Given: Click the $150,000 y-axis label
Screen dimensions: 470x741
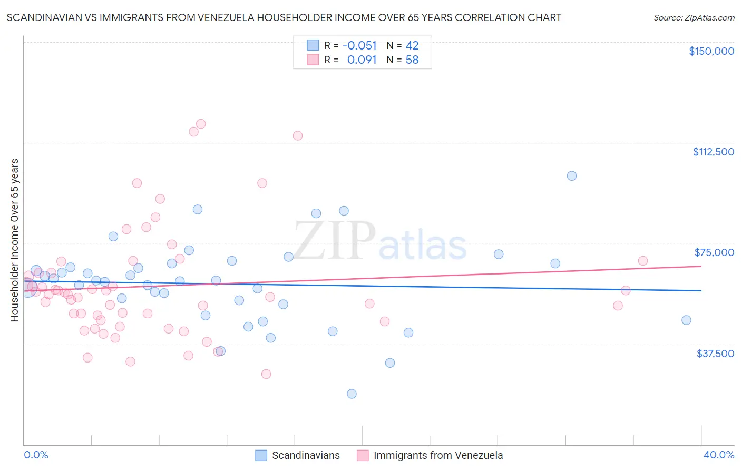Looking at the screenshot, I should click(711, 51).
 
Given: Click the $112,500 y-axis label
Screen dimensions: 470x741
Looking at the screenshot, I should click(713, 152).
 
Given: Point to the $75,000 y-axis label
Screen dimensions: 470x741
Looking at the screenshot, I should click(714, 252).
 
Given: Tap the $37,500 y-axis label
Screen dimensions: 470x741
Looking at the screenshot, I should click(715, 354).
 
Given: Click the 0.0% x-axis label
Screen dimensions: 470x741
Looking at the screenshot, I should click(36, 455).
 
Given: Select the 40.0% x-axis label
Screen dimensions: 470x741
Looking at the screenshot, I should click(718, 455).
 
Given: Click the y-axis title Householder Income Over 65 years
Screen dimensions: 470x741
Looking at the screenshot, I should click(15, 240).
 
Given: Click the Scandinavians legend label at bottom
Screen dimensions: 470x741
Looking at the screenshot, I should click(306, 455).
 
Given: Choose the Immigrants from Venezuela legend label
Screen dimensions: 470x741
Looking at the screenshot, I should click(438, 455).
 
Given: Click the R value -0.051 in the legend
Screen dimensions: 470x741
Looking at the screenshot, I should click(359, 45).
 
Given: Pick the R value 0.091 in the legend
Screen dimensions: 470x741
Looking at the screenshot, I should click(362, 60).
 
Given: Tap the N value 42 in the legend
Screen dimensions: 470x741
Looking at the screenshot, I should click(412, 45).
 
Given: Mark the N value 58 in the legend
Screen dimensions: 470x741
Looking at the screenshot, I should click(412, 60).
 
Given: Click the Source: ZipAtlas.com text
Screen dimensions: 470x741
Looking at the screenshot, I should click(694, 17).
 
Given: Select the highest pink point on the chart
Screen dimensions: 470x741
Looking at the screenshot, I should click(201, 124).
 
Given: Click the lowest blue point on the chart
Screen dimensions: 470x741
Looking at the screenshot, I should click(352, 394).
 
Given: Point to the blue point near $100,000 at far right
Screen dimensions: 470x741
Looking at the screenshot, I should click(572, 176).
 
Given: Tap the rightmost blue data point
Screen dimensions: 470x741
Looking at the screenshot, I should click(686, 320).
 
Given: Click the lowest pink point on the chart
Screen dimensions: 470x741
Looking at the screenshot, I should click(266, 374).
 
